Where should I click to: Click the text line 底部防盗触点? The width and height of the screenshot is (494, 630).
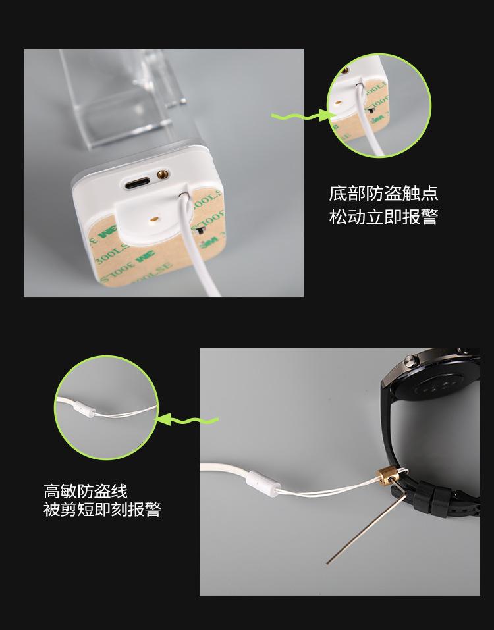(383, 194)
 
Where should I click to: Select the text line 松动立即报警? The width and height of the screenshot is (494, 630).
(383, 217)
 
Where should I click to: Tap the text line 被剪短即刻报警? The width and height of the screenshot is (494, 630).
(102, 510)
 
